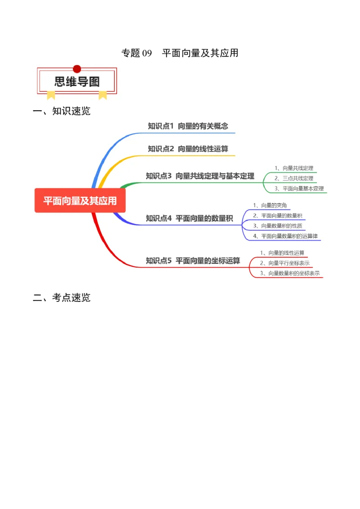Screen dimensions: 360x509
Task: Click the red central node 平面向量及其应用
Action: tap(80, 201)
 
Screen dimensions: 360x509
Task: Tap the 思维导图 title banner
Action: tap(77, 81)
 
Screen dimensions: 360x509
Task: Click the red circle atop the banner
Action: tap(77, 69)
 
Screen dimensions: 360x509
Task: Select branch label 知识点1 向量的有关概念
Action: tap(188, 126)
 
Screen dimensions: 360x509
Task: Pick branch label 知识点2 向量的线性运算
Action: tap(188, 149)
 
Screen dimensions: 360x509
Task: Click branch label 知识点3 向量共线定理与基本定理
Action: tap(200, 176)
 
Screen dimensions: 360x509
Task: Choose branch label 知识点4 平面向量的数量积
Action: tap(189, 219)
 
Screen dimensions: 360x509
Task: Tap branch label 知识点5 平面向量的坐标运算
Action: tap(193, 260)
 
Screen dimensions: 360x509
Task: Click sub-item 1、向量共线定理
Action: tap(294, 168)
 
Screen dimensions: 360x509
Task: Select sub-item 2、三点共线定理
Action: tap(294, 179)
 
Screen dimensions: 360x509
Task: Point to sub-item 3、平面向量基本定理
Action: tap(299, 189)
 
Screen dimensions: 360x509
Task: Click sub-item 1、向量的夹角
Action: tap(270, 205)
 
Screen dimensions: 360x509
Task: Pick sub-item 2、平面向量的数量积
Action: tap(277, 215)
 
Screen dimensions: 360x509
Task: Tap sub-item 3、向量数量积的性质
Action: tap(277, 226)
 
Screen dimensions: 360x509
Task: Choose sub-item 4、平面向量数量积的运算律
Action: tap(285, 236)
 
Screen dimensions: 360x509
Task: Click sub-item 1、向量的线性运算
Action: tap(282, 253)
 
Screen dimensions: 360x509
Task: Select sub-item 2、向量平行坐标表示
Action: tap(284, 263)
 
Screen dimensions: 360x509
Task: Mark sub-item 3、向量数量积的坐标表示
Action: tap(290, 273)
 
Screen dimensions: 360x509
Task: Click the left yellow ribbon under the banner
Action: tap(51, 94)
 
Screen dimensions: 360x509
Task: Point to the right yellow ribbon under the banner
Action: tap(103, 94)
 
